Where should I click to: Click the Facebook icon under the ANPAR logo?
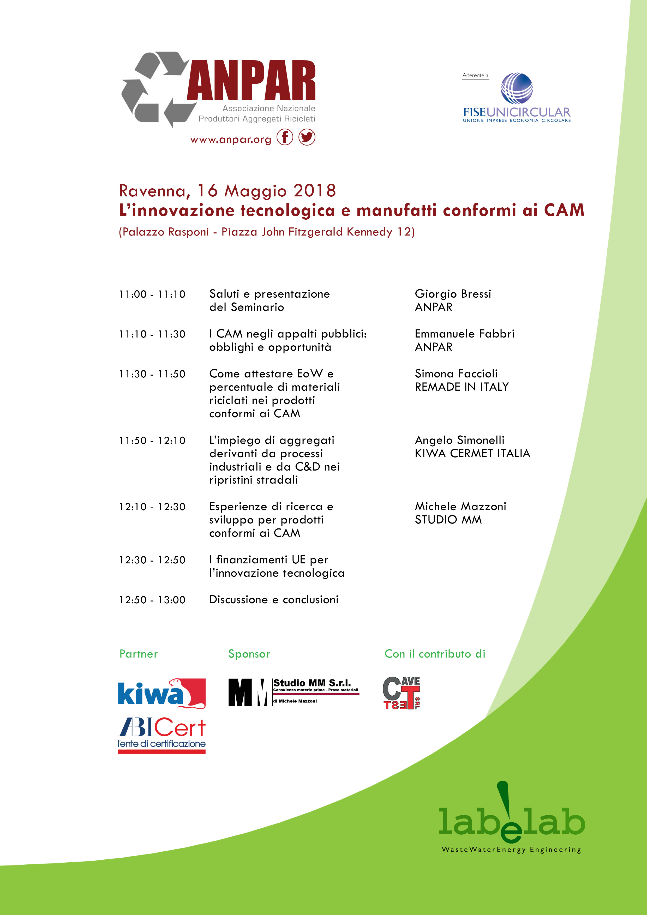coord(285,137)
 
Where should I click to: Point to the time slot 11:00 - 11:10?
coord(152,294)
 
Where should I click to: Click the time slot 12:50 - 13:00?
coord(152,600)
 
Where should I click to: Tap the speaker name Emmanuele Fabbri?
coord(464,334)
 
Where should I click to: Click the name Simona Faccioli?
coord(456,374)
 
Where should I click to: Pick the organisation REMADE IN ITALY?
coord(462,387)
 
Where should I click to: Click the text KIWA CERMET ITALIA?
coord(472,454)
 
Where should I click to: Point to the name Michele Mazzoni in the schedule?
coord(460,507)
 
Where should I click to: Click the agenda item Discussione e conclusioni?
coord(274,600)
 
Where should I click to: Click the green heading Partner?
coord(139,654)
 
